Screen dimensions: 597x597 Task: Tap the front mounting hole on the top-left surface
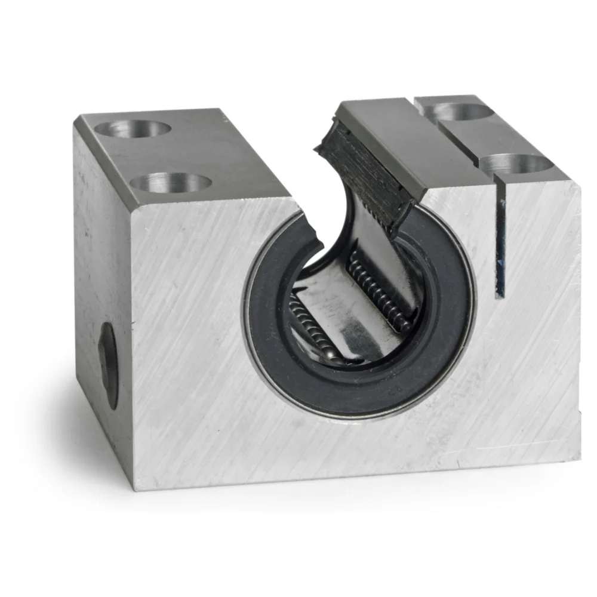171,182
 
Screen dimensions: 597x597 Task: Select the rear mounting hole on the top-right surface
461,110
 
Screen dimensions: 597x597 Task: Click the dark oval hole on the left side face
109,365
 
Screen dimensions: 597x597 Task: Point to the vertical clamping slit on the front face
500,245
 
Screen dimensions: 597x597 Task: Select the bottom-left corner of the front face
134,488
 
